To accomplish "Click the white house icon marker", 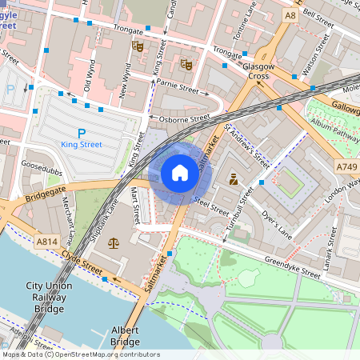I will tap(180, 173).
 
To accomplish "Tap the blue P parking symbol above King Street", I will tap(81, 133).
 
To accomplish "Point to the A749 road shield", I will tap(346, 166).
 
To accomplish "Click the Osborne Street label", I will tap(184, 118).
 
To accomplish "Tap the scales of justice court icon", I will tap(112, 242).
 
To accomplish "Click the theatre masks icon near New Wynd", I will tap(138, 48).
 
